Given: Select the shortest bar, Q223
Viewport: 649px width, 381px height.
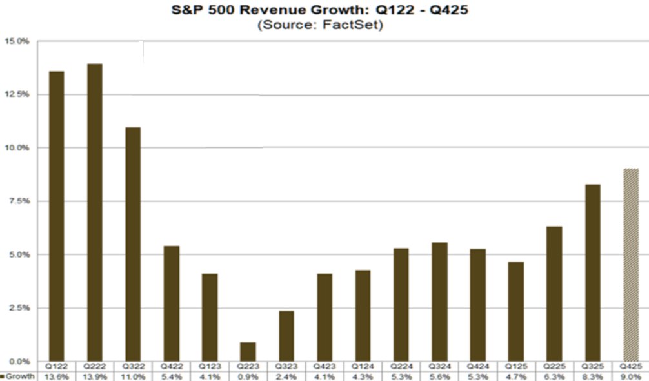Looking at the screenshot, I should (248, 351).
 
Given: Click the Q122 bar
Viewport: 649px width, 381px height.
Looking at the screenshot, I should (57, 216).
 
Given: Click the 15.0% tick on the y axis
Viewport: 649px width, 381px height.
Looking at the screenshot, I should (17, 41).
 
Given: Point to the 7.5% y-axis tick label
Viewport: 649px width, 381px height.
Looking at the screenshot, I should (19, 201).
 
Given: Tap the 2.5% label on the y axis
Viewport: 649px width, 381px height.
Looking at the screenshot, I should (19, 308).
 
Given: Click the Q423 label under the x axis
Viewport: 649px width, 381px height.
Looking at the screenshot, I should (324, 366).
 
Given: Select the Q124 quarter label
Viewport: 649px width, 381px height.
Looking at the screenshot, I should (363, 366).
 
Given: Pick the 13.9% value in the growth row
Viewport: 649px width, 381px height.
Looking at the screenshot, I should (95, 376).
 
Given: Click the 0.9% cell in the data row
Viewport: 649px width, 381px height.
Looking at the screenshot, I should (248, 376).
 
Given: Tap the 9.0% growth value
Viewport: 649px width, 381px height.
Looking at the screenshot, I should (630, 376).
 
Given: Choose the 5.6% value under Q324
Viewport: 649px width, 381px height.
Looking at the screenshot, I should (439, 376).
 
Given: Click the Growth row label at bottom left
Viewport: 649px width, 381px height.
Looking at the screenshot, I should (19, 376).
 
